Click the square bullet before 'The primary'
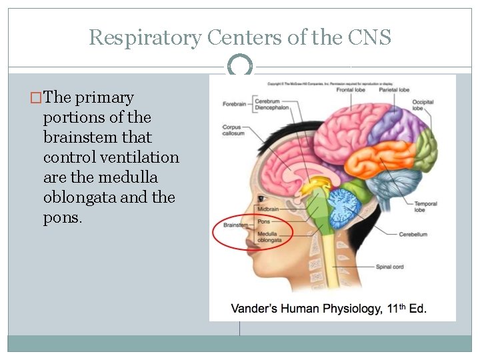click(36, 98)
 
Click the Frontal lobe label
click(352, 89)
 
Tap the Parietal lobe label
click(394, 89)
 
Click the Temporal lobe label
click(425, 206)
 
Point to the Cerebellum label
click(413, 235)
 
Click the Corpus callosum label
click(233, 130)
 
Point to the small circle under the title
click(240, 65)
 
